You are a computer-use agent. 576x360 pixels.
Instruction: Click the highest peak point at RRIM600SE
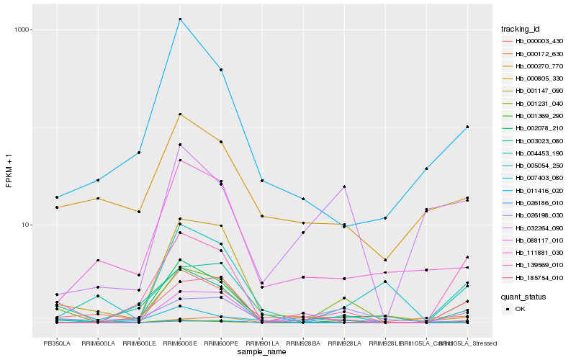tap(180, 19)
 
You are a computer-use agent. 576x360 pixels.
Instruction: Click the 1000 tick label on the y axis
tap(24, 30)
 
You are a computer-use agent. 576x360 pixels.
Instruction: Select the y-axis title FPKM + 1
tap(9, 171)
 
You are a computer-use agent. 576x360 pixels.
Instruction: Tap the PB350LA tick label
tap(57, 343)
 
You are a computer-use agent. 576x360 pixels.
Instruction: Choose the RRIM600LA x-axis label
tap(98, 343)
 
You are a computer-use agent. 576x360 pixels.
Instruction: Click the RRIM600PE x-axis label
tap(221, 343)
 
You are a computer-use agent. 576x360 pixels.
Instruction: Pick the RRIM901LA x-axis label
tap(262, 343)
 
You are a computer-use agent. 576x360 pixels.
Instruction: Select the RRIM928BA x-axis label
tap(303, 343)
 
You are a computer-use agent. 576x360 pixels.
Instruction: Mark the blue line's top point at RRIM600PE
tap(221, 69)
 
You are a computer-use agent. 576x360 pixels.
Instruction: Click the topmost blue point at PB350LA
tap(57, 197)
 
